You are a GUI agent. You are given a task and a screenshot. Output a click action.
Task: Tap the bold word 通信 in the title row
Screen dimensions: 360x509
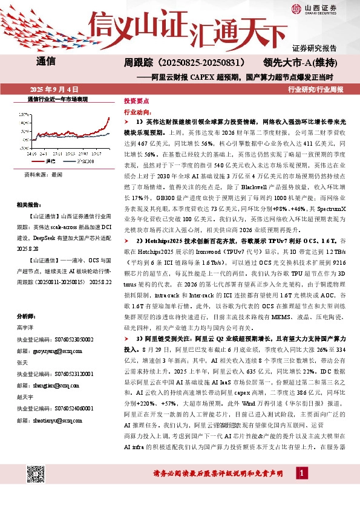click(x=46, y=62)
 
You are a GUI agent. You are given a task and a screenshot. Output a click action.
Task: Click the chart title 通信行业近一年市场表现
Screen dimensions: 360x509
click(x=59, y=99)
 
